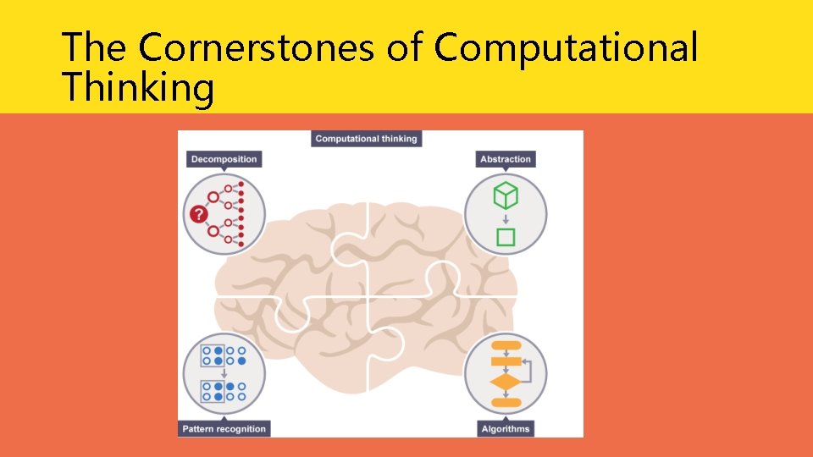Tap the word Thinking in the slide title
[x=138, y=88]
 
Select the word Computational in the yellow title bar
[x=566, y=47]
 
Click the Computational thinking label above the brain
[x=366, y=139]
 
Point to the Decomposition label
[x=224, y=159]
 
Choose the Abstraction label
[x=506, y=159]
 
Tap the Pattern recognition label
[x=224, y=428]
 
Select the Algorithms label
[x=506, y=428]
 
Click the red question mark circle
[x=199, y=213]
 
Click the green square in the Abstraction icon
[x=506, y=237]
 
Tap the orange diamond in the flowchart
[x=506, y=383]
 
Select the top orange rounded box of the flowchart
[x=506, y=345]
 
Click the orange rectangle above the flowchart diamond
[x=506, y=361]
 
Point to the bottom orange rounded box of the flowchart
[x=506, y=402]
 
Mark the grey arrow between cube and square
[x=506, y=218]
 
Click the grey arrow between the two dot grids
[x=224, y=373]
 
